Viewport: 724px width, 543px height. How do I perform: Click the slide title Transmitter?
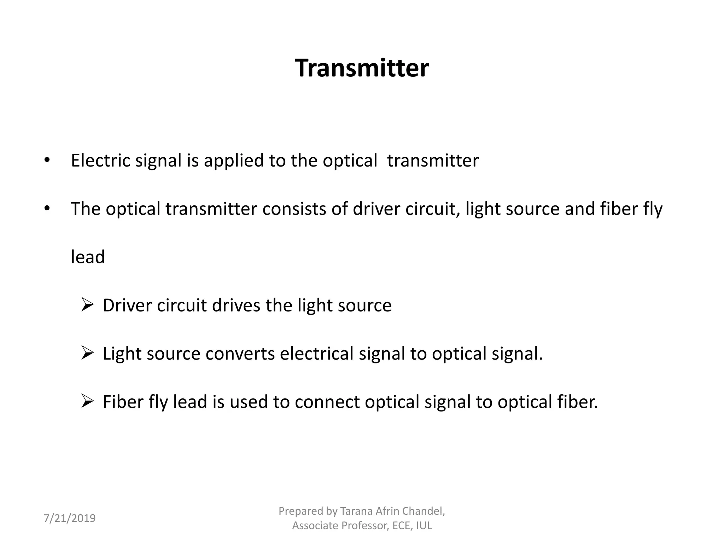(x=362, y=68)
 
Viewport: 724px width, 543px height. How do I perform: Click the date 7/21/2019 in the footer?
(x=70, y=518)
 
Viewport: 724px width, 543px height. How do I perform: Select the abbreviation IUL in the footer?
(x=424, y=526)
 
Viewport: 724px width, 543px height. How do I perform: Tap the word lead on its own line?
(x=88, y=257)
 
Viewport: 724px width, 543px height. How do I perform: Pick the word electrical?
(x=317, y=354)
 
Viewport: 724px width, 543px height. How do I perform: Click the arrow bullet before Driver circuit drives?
(x=87, y=305)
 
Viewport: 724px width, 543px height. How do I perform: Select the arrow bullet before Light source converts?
(x=87, y=353)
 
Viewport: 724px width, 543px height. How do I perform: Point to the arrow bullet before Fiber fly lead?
(x=87, y=401)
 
